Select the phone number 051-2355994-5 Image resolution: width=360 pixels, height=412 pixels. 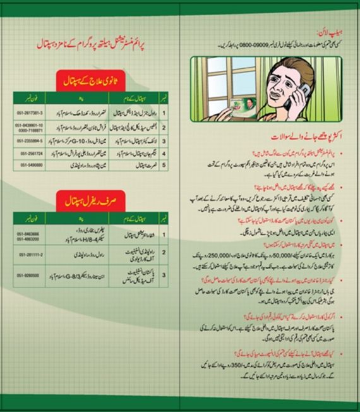30,141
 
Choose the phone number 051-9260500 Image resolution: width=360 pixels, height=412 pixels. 30,276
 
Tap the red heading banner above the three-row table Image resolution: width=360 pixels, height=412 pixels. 95,200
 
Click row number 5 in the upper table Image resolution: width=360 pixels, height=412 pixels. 164,165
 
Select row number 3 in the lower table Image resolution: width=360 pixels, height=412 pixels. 164,276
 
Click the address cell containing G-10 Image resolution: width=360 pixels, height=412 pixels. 76,141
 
